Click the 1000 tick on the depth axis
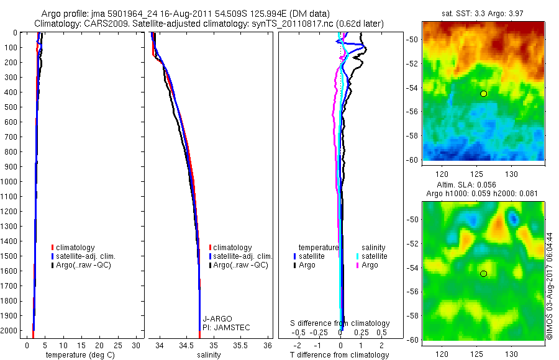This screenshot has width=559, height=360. coord(11,181)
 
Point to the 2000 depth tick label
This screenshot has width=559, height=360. coord(11,331)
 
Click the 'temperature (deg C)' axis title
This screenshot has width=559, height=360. coord(78,355)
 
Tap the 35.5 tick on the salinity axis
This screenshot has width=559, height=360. coord(240,346)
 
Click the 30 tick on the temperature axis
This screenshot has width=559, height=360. coord(137,346)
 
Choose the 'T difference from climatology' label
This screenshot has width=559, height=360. coord(340,355)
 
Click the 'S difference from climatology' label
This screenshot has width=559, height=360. coord(340,323)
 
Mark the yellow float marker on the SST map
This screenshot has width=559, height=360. coord(484,94)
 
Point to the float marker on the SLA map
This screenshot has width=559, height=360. coord(484,274)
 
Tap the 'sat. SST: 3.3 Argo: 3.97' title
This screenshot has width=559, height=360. coord(483,12)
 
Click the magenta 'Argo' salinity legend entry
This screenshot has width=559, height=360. coord(370,265)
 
